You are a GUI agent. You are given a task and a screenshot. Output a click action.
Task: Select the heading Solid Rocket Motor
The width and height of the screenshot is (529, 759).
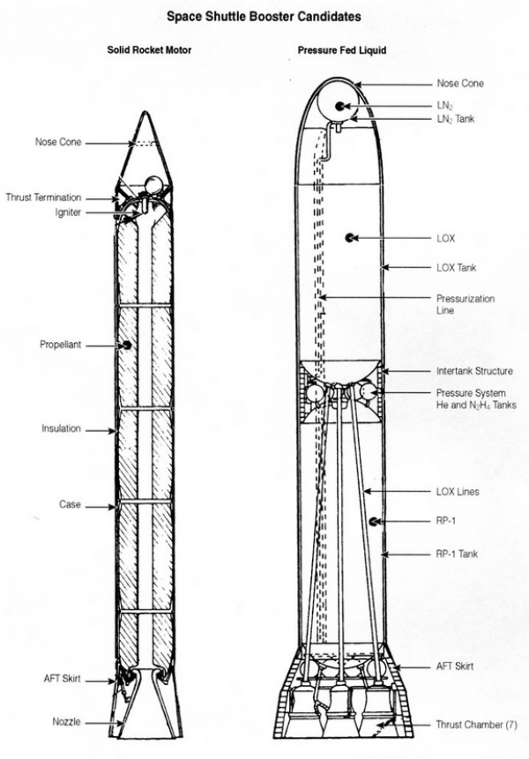tap(149, 50)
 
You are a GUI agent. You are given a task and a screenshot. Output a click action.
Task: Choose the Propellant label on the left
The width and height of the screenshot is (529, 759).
tap(60, 345)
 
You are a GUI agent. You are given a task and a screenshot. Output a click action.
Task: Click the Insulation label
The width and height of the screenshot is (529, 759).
tap(61, 429)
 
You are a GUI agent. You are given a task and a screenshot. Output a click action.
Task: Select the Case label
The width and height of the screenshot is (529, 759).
tap(71, 505)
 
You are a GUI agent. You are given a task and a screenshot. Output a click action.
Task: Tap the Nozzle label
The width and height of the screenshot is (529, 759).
tap(66, 722)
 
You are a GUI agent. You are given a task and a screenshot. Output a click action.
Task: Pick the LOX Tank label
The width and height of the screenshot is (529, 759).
tap(457, 267)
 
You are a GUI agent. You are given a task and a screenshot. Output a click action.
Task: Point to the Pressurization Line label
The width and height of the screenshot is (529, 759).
tap(466, 304)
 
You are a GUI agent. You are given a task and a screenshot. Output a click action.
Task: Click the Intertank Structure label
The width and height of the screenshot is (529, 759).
tap(474, 371)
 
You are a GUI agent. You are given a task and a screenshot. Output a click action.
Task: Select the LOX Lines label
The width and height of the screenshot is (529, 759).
tap(458, 491)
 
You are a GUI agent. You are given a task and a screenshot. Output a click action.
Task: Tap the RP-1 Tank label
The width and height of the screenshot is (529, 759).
tap(457, 554)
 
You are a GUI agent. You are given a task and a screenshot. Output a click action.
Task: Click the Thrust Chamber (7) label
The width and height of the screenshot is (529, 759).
tap(477, 725)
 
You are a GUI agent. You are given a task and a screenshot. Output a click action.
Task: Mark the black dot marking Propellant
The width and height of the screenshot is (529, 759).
tap(127, 345)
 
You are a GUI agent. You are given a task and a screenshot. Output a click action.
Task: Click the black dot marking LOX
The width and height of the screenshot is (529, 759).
tap(349, 238)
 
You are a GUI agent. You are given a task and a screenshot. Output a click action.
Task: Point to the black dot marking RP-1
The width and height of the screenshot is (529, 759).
tap(374, 522)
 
